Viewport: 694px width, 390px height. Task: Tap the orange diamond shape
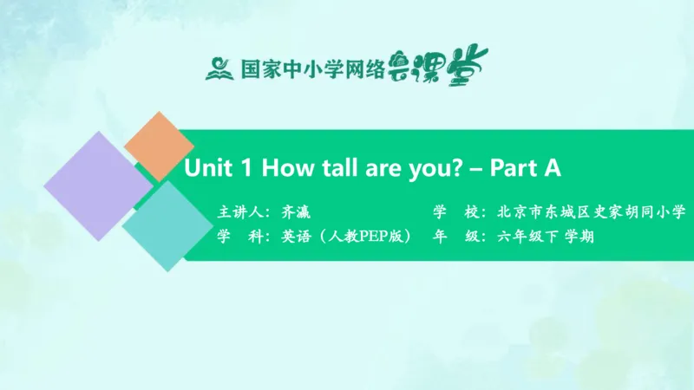click(x=159, y=146)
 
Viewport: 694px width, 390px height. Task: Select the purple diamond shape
click(x=97, y=185)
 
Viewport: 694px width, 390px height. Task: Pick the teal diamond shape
click(x=167, y=225)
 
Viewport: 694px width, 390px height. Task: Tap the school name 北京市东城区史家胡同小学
click(x=592, y=211)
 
